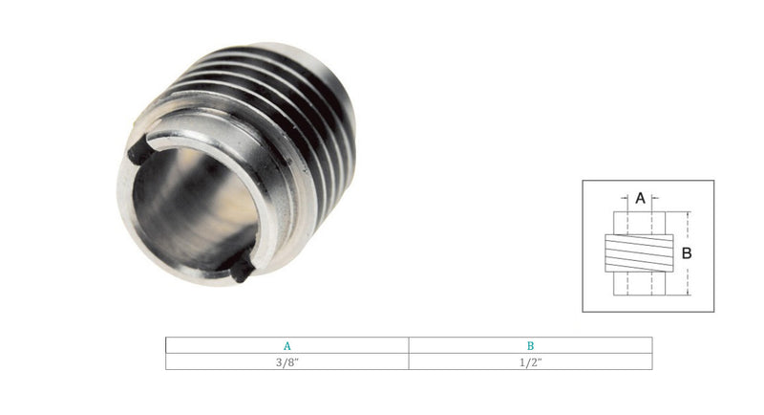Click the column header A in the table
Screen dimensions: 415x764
(286, 345)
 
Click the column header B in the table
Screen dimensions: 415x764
(530, 345)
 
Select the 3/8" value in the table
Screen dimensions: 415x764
(286, 361)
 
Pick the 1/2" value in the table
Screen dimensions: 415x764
(530, 361)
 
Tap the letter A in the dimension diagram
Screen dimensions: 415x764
(639, 199)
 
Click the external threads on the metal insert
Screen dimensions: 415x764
(286, 105)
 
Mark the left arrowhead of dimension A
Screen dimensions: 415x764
(626, 200)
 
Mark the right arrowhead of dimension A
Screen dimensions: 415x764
(653, 200)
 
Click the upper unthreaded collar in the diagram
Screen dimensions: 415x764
(639, 226)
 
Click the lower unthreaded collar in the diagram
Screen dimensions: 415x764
(639, 284)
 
